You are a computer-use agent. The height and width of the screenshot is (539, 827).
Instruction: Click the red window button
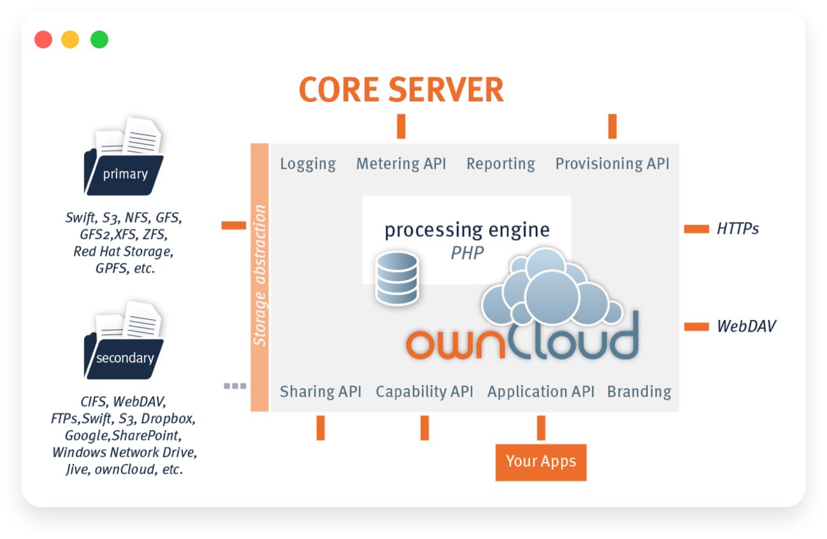(x=43, y=40)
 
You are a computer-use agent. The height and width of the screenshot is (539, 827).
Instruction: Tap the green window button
(x=99, y=40)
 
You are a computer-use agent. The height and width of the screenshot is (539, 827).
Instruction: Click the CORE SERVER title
(x=401, y=90)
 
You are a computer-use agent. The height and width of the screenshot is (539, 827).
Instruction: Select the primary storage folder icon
(x=124, y=156)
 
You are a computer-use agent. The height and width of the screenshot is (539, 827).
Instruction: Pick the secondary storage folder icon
(x=124, y=340)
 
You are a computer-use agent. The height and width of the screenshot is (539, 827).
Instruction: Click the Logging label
(x=308, y=164)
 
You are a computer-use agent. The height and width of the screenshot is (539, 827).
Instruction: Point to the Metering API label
(x=401, y=164)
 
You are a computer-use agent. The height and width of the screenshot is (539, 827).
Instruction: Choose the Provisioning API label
(x=612, y=164)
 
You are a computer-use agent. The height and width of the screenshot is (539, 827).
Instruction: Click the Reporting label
(x=501, y=164)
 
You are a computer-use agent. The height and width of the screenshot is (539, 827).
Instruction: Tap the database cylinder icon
(x=397, y=278)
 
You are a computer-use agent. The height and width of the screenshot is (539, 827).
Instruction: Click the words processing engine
(x=467, y=231)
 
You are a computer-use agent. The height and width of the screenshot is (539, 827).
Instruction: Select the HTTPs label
(x=738, y=229)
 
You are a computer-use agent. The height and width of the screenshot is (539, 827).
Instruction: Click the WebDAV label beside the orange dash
(x=746, y=326)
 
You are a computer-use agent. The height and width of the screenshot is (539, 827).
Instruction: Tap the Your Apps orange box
(x=541, y=462)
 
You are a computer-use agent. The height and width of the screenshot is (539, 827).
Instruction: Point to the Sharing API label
(x=320, y=392)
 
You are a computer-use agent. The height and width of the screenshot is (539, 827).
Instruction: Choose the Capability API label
(x=424, y=392)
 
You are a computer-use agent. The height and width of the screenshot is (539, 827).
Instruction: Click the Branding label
(x=639, y=392)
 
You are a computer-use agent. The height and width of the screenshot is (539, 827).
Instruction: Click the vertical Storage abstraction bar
(x=259, y=277)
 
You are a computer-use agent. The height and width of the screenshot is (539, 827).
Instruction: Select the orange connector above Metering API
(x=401, y=126)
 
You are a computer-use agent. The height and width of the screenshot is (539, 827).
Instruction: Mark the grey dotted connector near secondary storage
(x=235, y=386)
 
